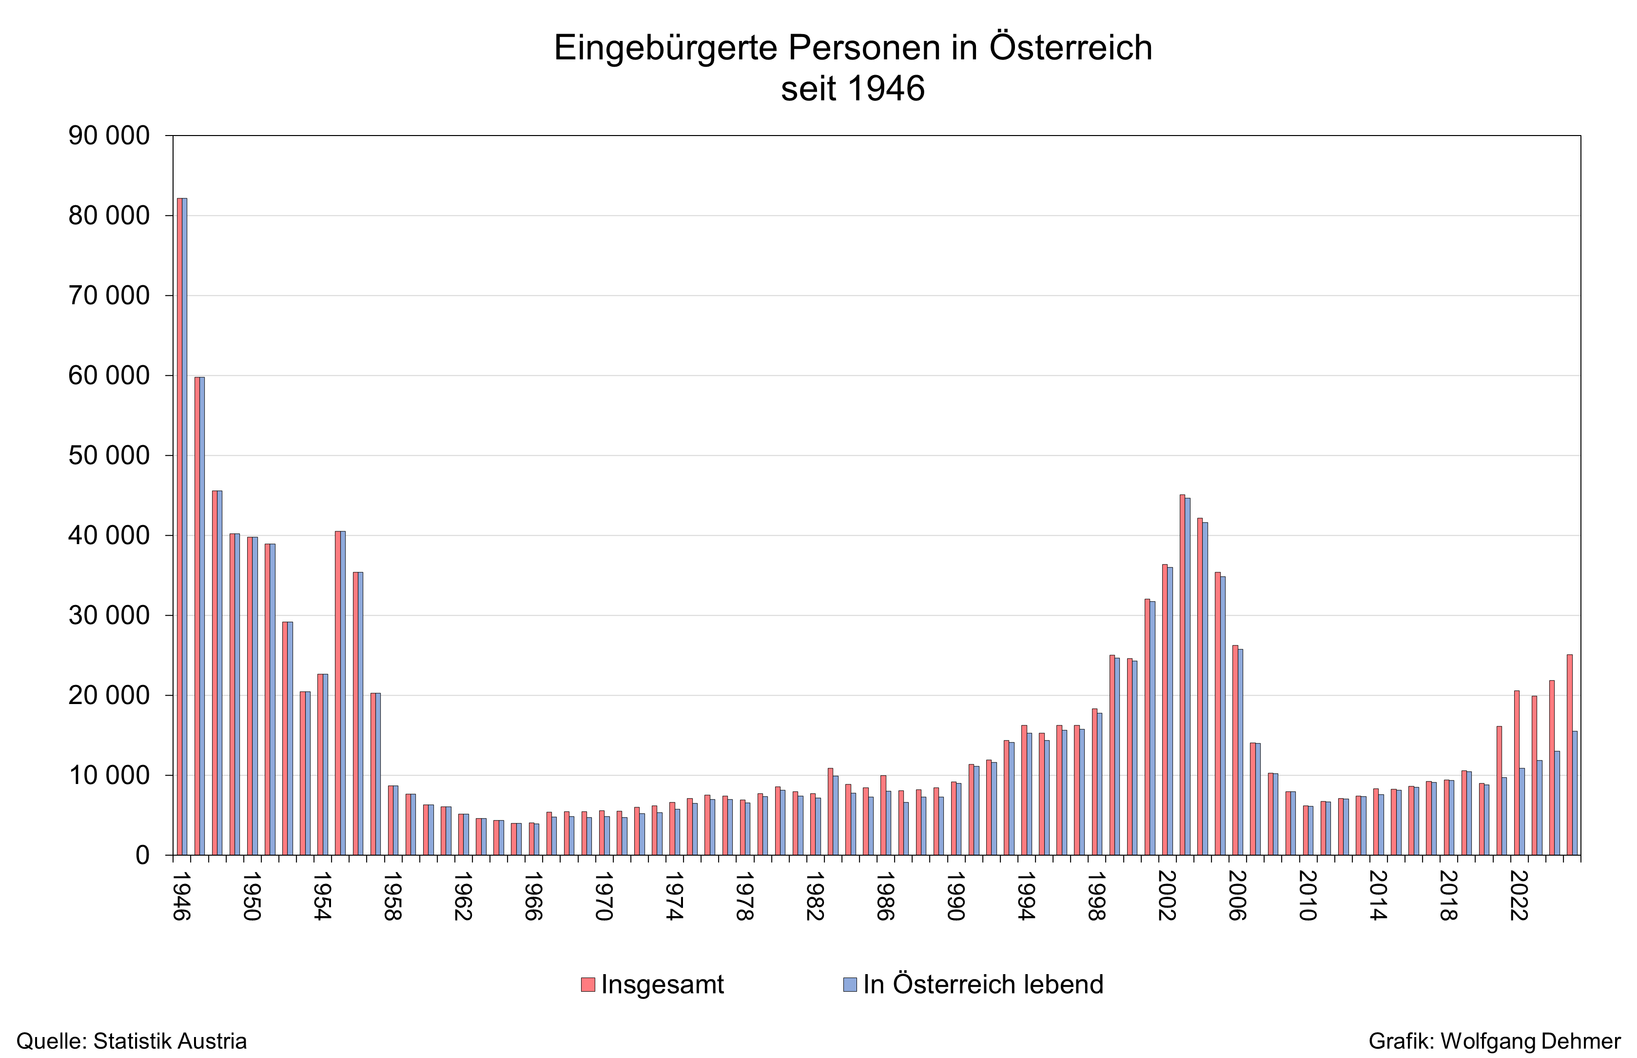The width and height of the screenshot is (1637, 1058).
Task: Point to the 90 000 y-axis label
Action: [x=109, y=136]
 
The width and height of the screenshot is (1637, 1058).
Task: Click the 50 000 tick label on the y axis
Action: [x=109, y=455]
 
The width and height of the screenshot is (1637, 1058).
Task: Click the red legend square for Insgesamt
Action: [x=587, y=984]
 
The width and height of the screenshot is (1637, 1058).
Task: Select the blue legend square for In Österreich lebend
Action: [x=850, y=984]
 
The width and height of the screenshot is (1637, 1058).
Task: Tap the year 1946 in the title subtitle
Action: [x=886, y=89]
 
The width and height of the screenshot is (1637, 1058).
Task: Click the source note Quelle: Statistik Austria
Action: [x=131, y=1041]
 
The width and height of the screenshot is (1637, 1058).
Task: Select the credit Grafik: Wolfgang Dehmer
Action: [x=1494, y=1041]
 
